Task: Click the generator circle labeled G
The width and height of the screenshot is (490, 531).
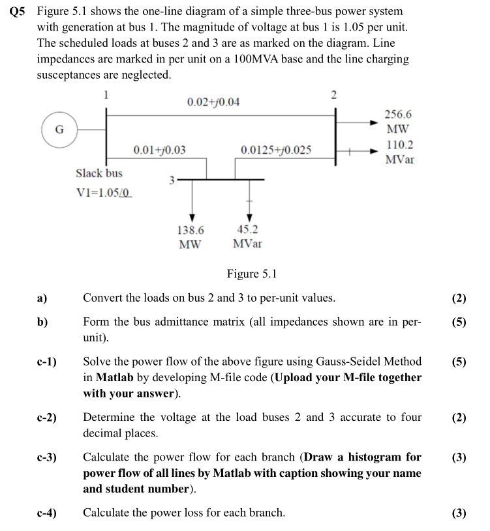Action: (59, 129)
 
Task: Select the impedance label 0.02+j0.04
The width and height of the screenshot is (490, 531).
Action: (213, 102)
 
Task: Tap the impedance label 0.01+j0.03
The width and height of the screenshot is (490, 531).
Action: (159, 150)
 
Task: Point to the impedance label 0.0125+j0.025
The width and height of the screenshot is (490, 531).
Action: (276, 150)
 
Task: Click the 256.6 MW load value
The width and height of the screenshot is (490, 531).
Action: (398, 121)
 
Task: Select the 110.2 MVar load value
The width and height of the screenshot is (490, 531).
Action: (399, 152)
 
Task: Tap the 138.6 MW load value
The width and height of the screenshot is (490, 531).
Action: (191, 237)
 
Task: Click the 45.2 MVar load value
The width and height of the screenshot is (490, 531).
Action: (247, 237)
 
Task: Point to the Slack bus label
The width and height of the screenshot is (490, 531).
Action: (99, 173)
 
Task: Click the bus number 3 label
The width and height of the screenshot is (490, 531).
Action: (172, 180)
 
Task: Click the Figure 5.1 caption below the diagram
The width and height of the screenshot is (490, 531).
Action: (252, 274)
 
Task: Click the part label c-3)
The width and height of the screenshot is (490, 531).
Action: (48, 457)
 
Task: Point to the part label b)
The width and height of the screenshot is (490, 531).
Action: (42, 323)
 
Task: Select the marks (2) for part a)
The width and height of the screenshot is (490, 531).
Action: (459, 298)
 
